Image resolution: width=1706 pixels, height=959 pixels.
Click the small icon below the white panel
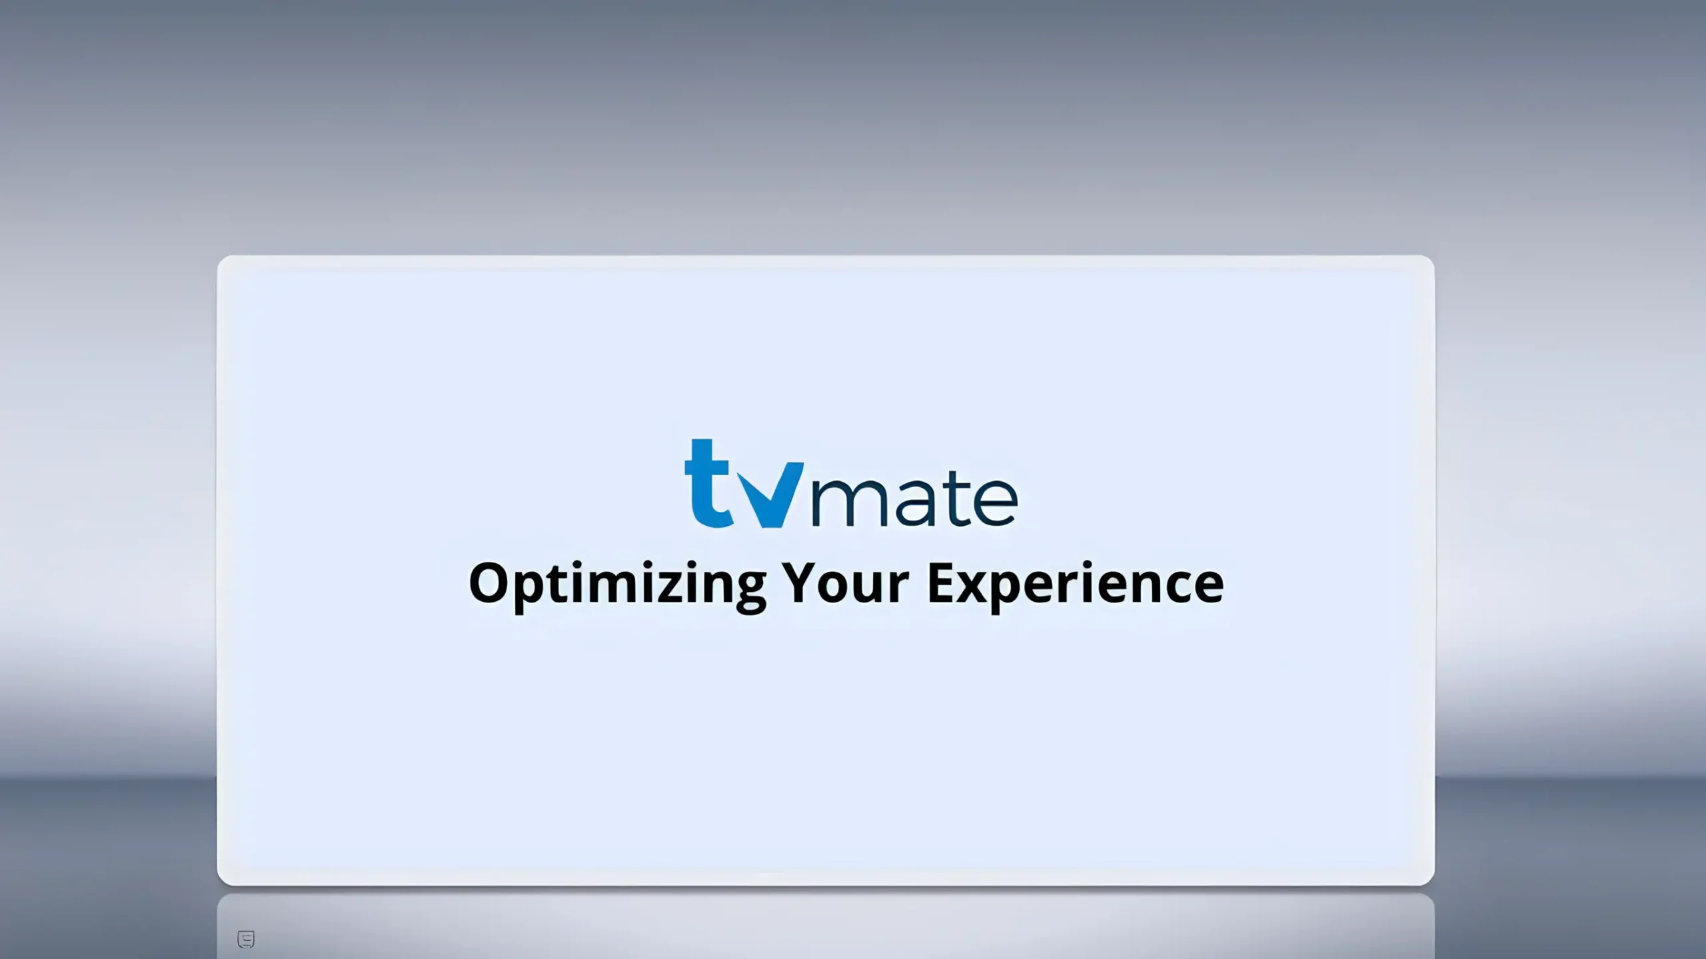click(246, 939)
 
